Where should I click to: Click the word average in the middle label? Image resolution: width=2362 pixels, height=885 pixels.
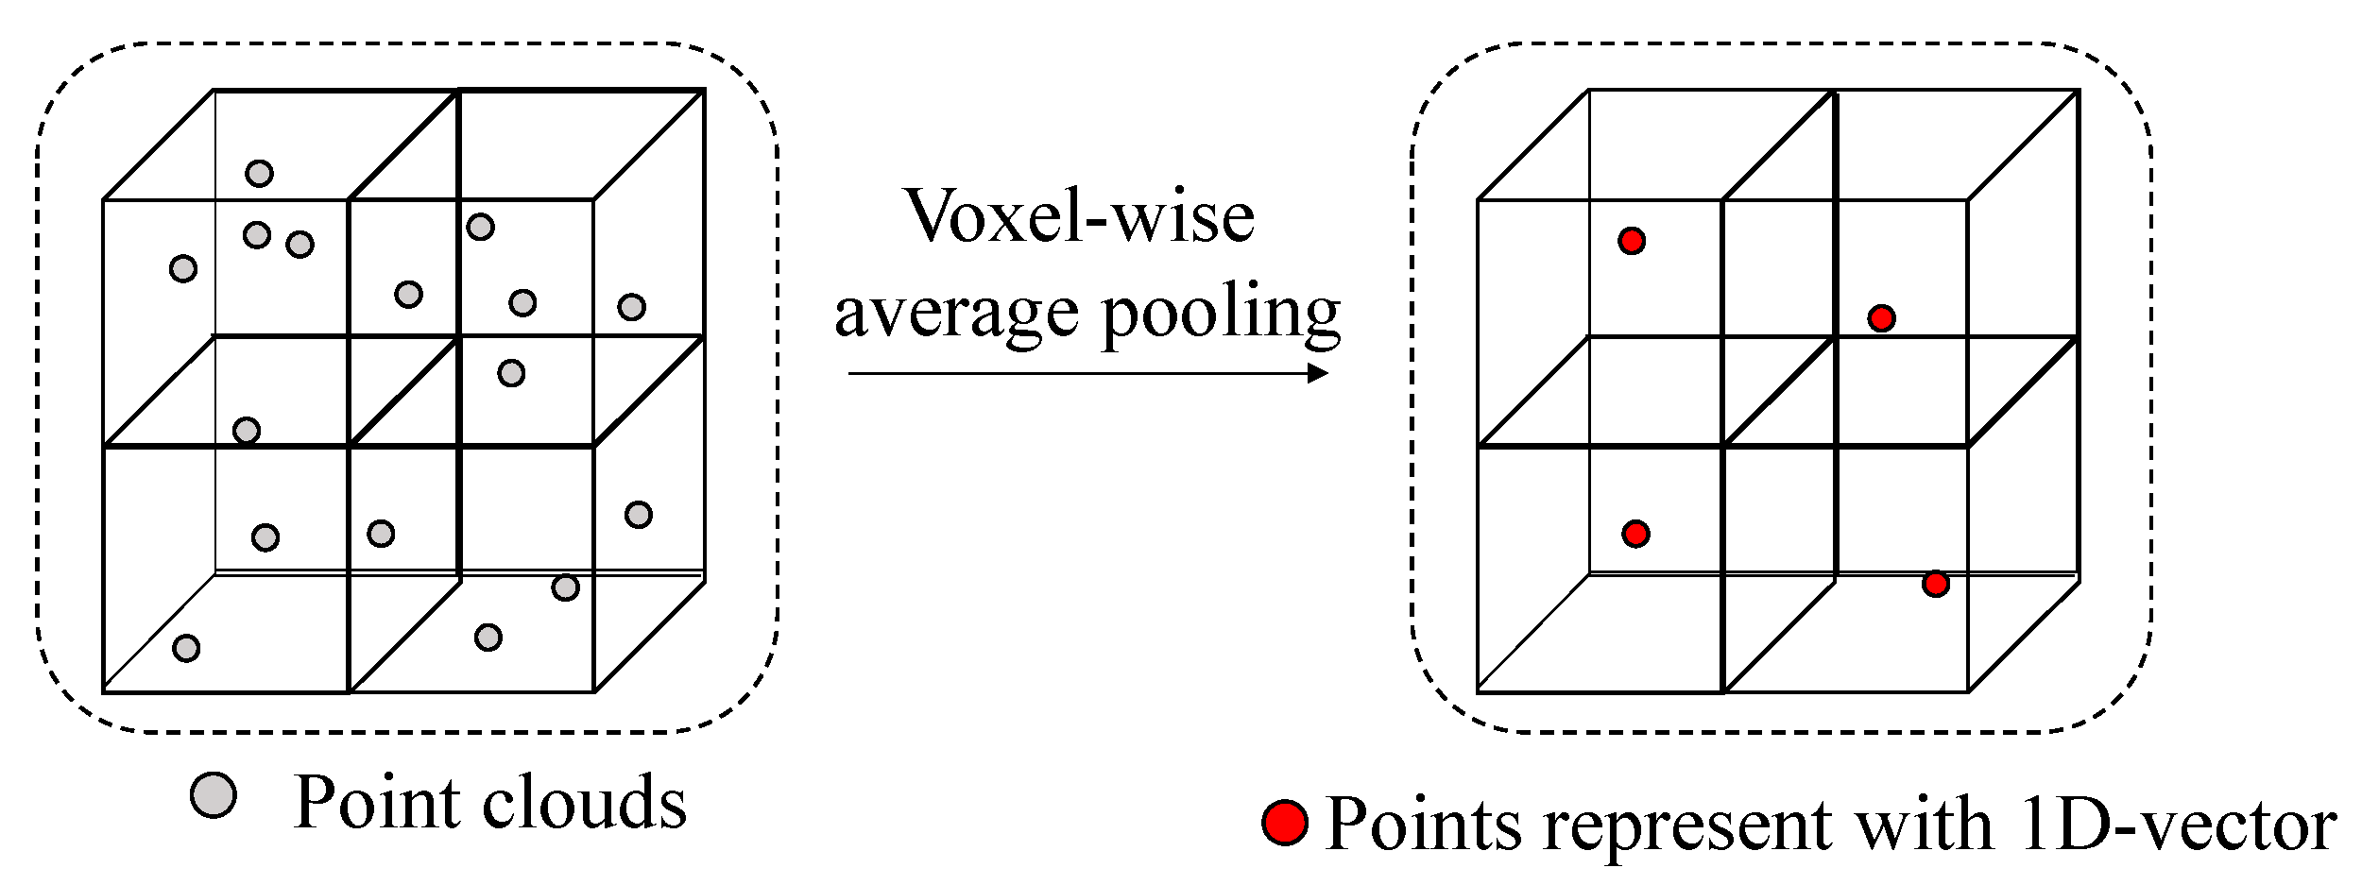(955, 313)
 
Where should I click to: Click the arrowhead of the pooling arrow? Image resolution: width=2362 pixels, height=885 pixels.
(1318, 373)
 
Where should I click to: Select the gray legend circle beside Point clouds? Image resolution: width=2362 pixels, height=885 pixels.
(213, 794)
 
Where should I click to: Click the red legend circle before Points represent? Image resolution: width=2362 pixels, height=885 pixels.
(1284, 823)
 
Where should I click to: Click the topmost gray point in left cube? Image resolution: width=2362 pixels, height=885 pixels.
(259, 174)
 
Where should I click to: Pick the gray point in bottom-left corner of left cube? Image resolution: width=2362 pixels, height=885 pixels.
(186, 648)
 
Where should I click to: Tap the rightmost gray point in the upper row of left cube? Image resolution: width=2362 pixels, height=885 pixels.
(631, 307)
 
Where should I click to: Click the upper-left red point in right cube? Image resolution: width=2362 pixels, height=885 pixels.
(1631, 241)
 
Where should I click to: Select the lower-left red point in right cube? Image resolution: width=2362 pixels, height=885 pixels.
(1635, 534)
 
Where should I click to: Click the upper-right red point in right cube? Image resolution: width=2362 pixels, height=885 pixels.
(1880, 318)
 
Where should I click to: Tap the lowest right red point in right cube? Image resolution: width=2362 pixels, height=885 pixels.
(1935, 584)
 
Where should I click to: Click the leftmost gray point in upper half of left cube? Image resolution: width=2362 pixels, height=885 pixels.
(183, 269)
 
